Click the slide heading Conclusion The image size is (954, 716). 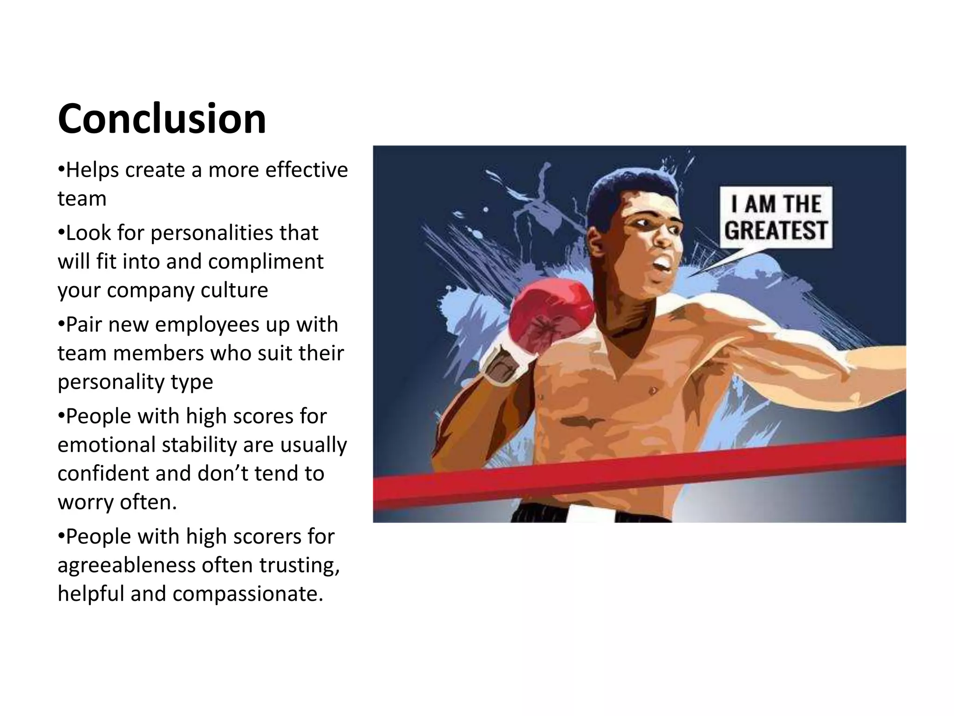click(x=162, y=119)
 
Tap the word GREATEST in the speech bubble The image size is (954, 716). click(x=776, y=231)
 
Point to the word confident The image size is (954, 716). click(x=103, y=473)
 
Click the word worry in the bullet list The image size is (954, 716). click(x=85, y=503)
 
